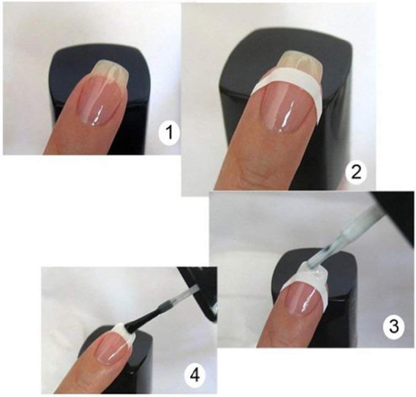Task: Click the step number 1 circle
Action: click(x=168, y=133)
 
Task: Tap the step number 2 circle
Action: click(x=356, y=174)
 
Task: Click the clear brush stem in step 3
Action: click(x=353, y=233)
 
